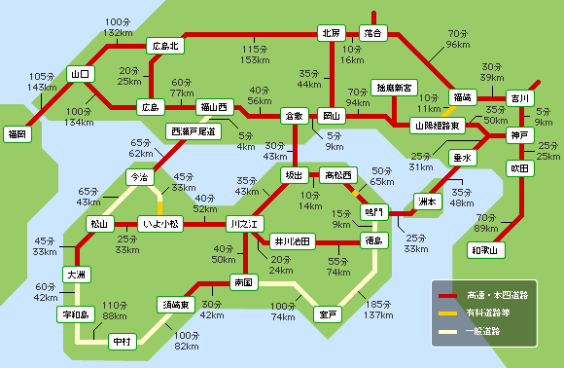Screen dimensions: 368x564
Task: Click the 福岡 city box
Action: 16,132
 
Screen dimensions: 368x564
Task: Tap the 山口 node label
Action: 79,73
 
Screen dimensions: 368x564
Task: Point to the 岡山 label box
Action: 334,115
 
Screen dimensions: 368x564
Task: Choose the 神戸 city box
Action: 519,134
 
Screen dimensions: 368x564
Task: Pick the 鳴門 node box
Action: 373,210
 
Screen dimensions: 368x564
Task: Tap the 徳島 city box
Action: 373,239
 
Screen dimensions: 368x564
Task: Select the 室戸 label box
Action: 328,314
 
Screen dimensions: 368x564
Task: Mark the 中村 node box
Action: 122,342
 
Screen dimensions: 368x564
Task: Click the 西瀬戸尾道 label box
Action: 194,129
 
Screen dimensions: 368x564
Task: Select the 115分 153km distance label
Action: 255,55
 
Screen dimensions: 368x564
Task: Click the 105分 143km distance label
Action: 43,81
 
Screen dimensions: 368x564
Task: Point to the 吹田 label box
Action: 520,168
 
